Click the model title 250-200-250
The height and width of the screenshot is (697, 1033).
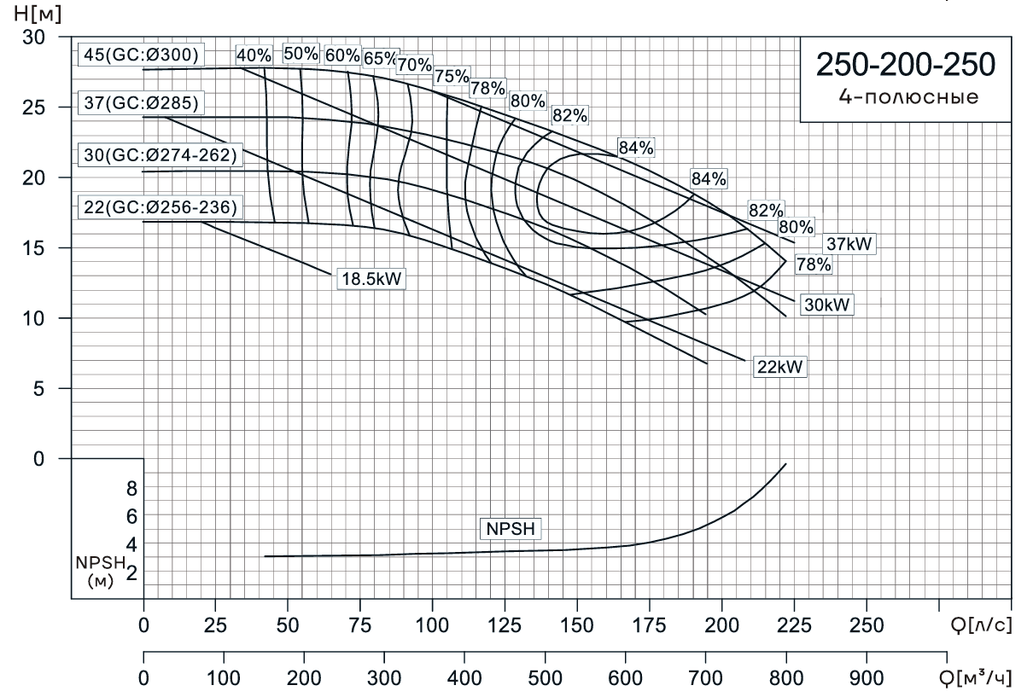905,65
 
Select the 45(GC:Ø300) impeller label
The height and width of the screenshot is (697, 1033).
141,55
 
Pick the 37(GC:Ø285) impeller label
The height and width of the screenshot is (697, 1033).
141,104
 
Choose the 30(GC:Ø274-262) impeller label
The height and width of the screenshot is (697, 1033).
159,155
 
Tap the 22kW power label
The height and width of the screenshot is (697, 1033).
780,367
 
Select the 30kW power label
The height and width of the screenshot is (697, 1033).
827,305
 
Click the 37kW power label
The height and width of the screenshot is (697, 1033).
850,244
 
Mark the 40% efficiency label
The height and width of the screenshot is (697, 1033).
254,55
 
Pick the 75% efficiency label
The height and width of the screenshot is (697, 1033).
452,76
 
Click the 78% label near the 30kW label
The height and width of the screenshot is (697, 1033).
813,264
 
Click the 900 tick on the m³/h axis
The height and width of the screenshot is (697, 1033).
866,680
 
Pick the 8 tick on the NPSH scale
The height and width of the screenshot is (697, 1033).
131,488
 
